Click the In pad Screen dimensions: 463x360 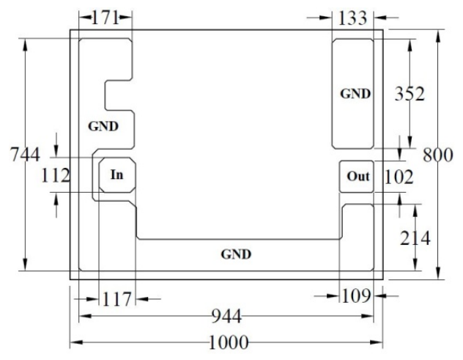[117, 175]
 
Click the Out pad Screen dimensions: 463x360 [356, 177]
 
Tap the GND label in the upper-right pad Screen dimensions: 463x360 [355, 94]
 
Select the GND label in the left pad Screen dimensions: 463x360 [103, 126]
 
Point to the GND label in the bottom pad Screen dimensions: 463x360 [236, 254]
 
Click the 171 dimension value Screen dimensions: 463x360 [105, 18]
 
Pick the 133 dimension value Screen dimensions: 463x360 [352, 18]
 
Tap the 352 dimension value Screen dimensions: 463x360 [410, 94]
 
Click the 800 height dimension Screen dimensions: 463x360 [438, 155]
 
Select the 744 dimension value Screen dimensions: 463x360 [25, 155]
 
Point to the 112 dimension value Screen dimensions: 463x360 [56, 175]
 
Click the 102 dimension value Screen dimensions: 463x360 [399, 177]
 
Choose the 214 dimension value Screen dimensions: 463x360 [415, 238]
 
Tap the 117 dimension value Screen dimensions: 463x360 [116, 299]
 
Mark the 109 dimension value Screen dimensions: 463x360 [356, 296]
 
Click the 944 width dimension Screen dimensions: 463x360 [227, 316]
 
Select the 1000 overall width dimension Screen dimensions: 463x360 [229, 342]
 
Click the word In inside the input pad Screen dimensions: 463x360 [117, 175]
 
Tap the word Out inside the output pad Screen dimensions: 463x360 [358, 177]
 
